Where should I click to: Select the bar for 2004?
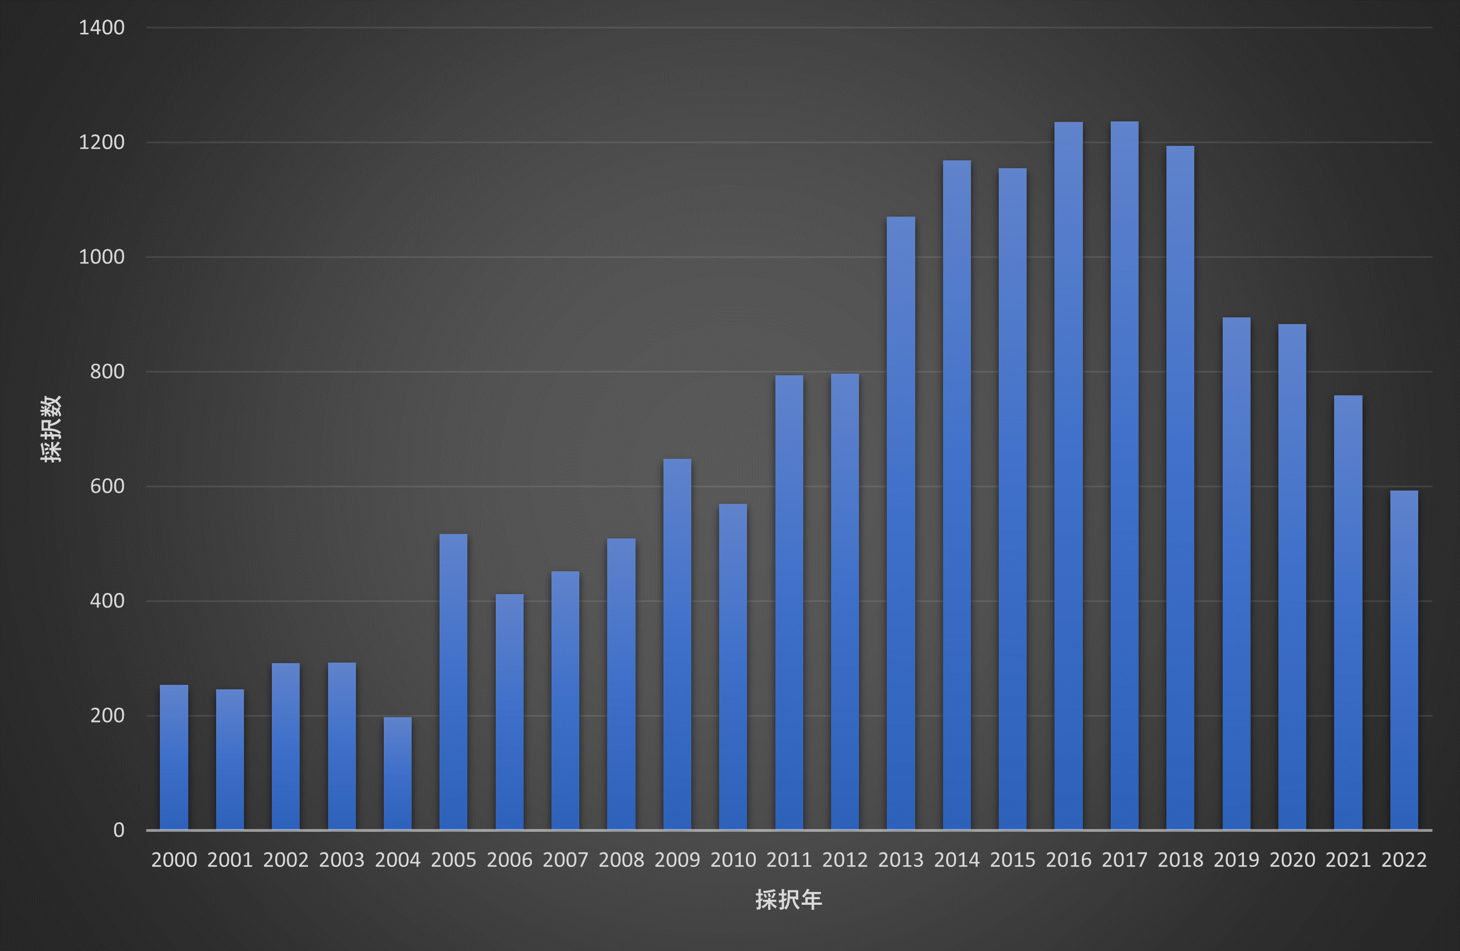(x=398, y=774)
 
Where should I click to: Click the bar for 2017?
(x=1125, y=476)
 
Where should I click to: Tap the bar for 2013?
(x=901, y=523)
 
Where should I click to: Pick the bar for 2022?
(x=1404, y=660)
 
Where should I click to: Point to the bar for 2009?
(x=677, y=644)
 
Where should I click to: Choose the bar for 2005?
(x=453, y=682)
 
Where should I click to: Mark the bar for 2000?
(x=174, y=757)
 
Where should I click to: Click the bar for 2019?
(x=1236, y=573)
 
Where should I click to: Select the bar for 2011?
(x=789, y=603)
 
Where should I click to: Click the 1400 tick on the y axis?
(x=102, y=28)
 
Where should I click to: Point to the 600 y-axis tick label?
(x=108, y=486)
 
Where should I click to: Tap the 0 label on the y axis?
(x=119, y=830)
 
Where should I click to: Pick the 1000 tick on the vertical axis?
(x=102, y=257)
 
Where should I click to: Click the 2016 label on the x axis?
(x=1068, y=860)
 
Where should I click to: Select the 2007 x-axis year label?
(x=565, y=860)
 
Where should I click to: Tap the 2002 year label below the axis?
(x=286, y=860)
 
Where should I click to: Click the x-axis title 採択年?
(x=788, y=899)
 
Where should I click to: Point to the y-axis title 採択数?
(x=52, y=429)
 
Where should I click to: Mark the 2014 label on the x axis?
(x=956, y=860)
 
